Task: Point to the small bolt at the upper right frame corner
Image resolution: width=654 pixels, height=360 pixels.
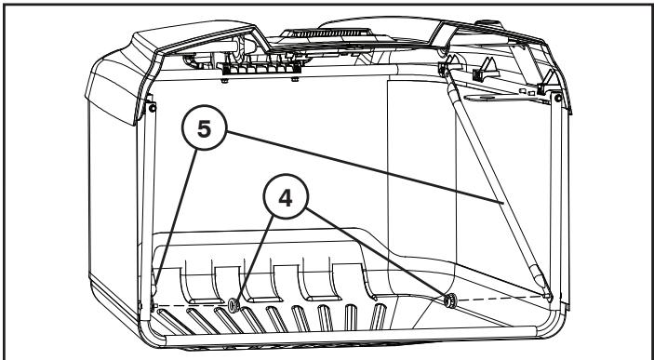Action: pos(556,96)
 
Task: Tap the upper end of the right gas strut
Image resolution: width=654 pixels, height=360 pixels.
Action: pos(453,92)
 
